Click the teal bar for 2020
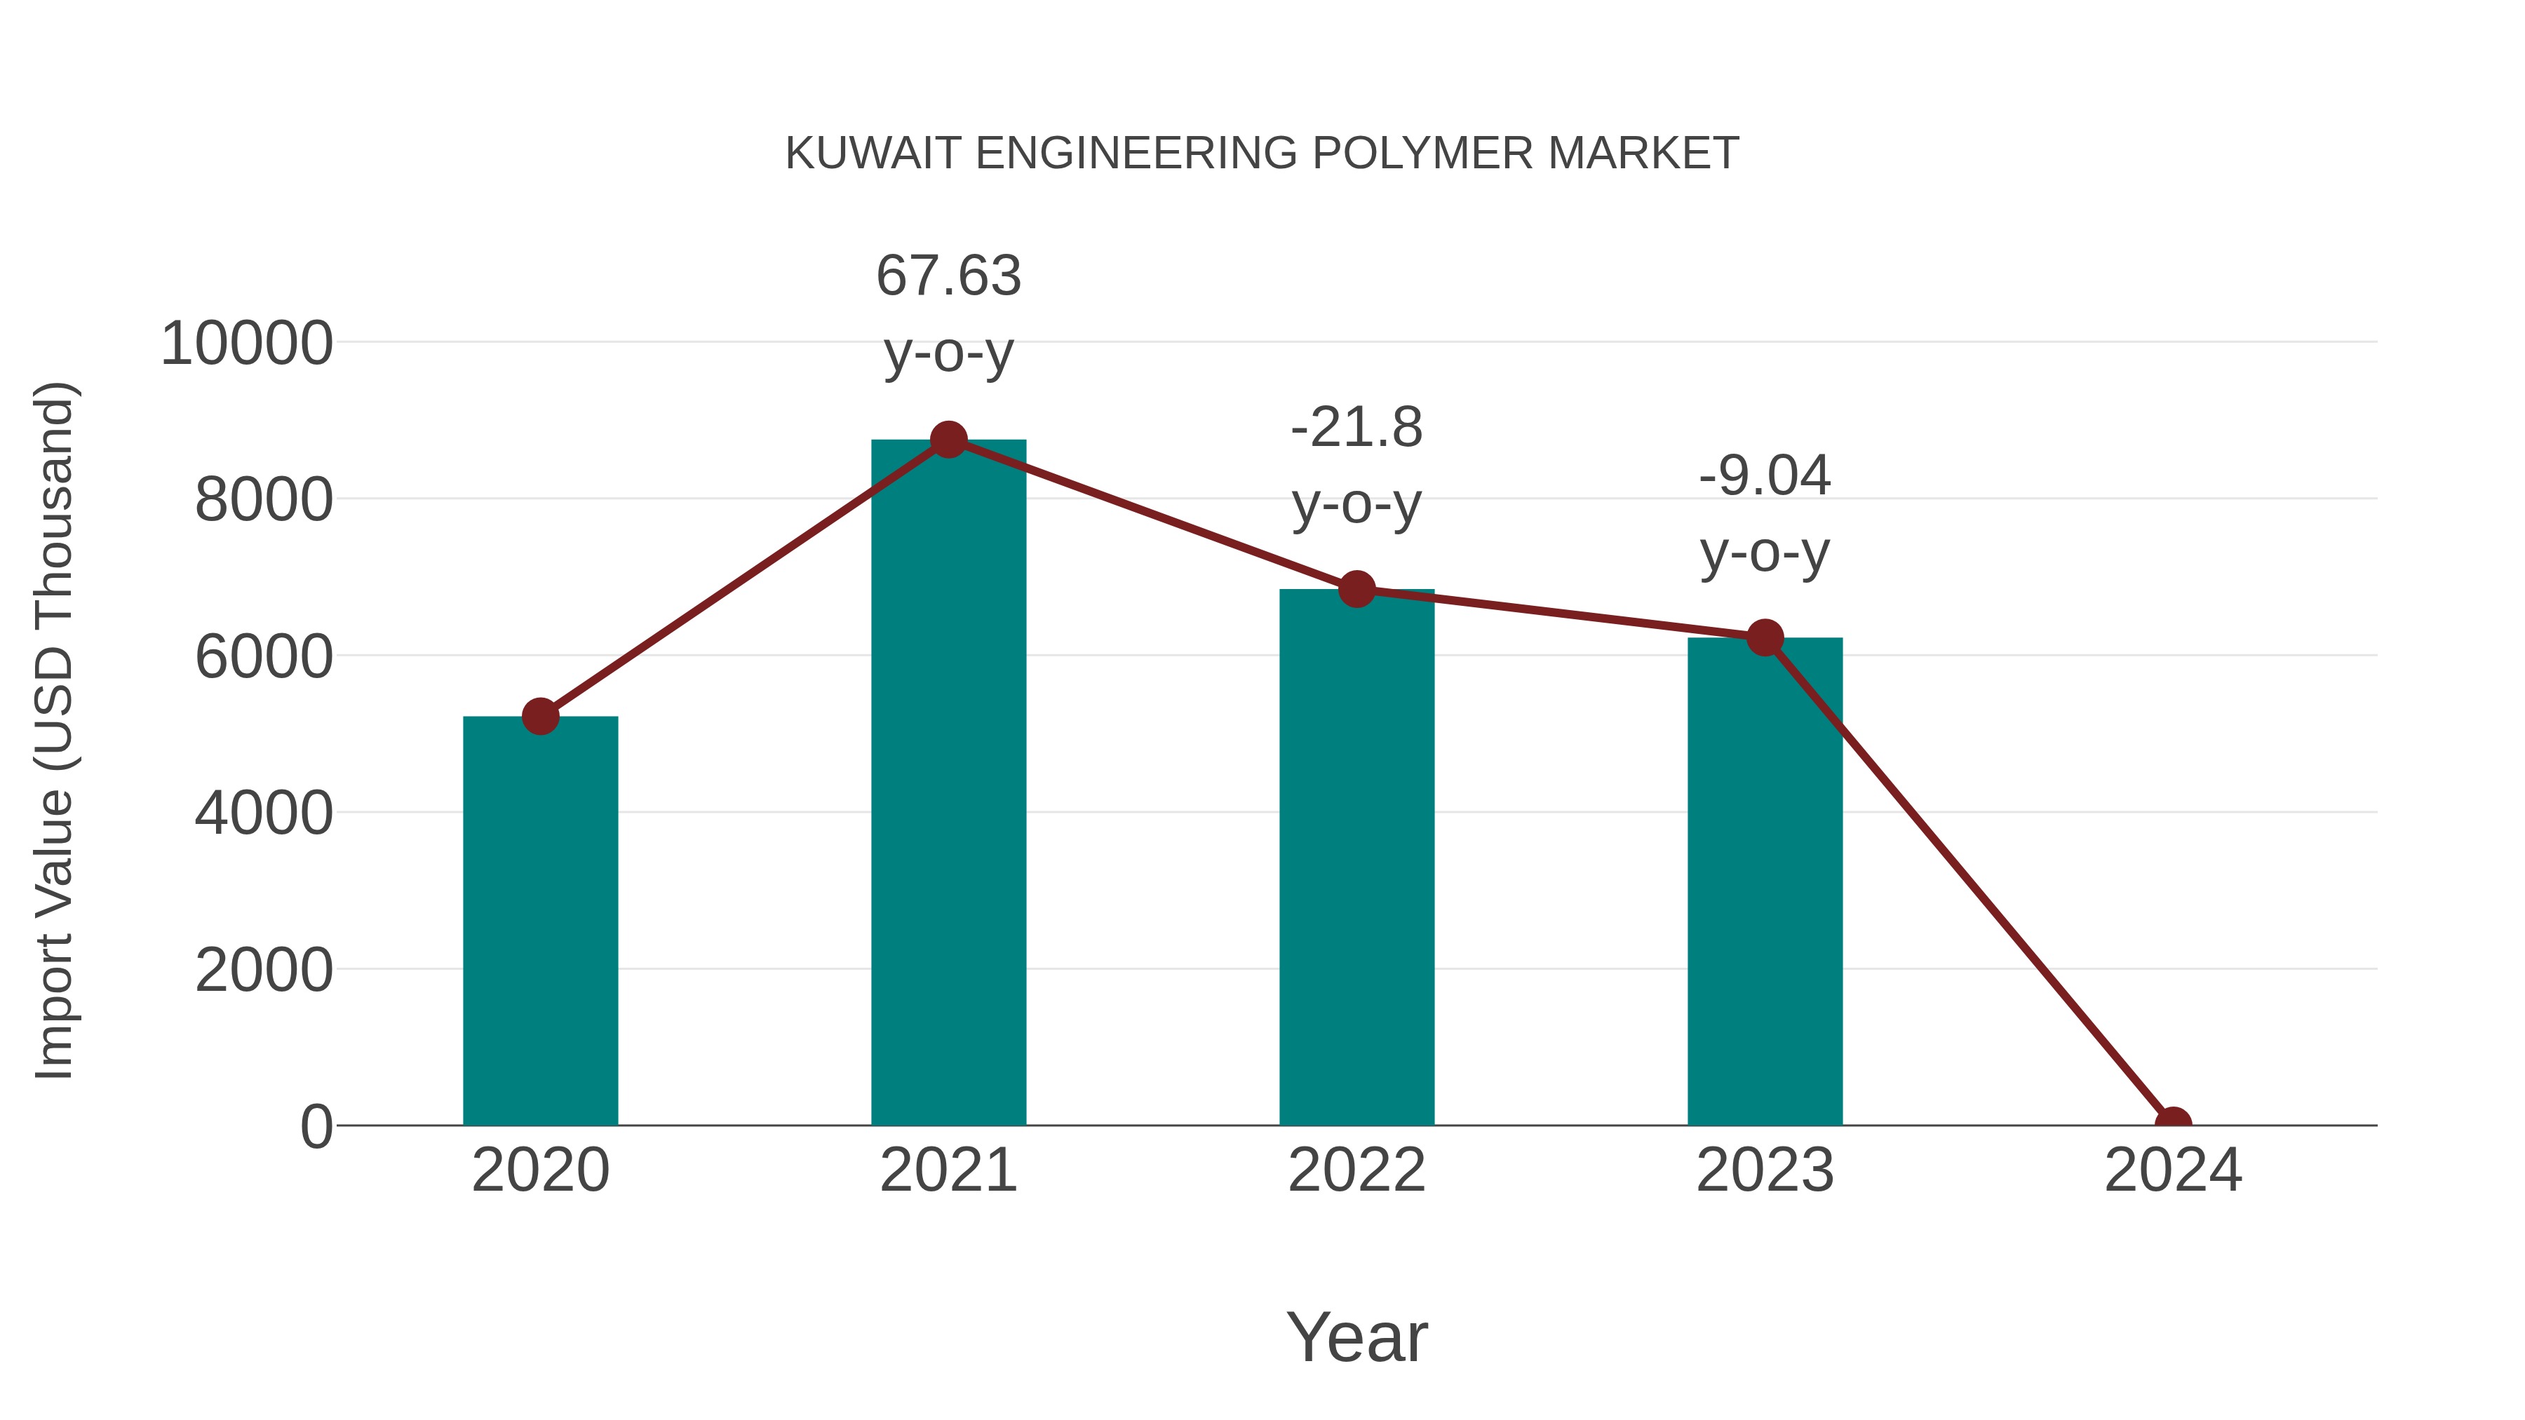(540, 921)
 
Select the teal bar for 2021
(948, 784)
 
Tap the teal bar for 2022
(1356, 858)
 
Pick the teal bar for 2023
(1765, 882)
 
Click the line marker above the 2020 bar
(540, 717)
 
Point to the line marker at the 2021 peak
(948, 440)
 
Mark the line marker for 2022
(1356, 589)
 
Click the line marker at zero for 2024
(2173, 1123)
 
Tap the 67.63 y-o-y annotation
(948, 313)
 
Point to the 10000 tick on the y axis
(246, 344)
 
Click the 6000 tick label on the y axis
(263, 656)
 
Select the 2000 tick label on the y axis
(263, 971)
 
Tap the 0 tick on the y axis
(316, 1127)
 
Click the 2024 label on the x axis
(2173, 1170)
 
